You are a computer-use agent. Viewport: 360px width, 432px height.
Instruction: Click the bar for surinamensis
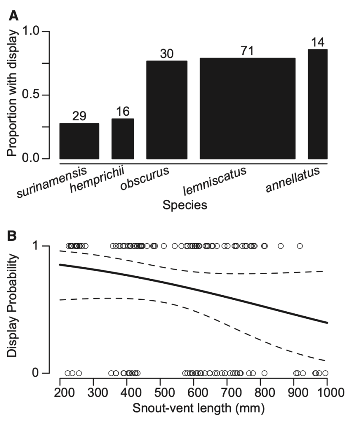point(79,141)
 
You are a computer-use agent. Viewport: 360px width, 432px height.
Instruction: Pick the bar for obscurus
point(167,110)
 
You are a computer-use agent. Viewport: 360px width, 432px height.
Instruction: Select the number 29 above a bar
point(79,116)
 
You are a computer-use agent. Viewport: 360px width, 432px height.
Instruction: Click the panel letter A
point(14,16)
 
